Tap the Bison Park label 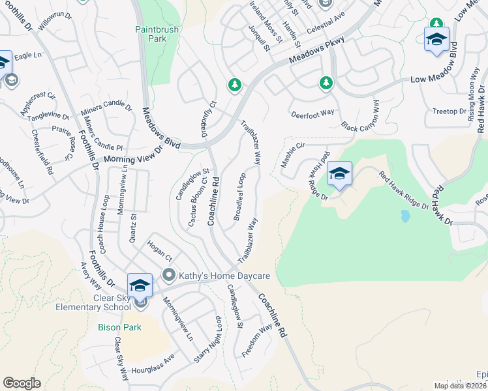pos(115,327)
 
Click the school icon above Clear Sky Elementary pos(140,285)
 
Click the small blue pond pos(406,216)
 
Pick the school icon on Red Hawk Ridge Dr pos(339,173)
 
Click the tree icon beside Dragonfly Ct pos(234,85)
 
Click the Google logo pos(22,383)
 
